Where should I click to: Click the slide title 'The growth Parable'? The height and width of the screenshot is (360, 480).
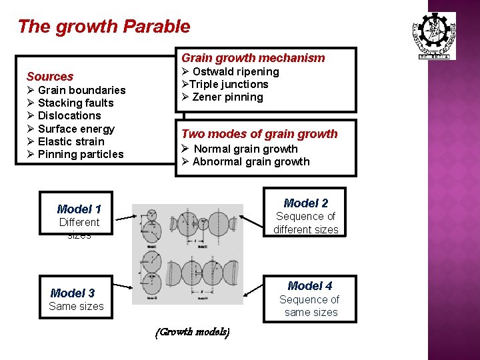[x=104, y=27]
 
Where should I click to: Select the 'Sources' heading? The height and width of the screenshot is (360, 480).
[x=50, y=77]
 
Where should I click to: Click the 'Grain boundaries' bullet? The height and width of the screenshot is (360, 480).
[x=81, y=90]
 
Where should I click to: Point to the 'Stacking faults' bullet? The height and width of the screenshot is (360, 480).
[x=75, y=103]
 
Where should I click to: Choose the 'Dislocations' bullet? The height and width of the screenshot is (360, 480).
[x=69, y=115]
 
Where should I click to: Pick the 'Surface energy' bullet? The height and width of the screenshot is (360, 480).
[x=76, y=129]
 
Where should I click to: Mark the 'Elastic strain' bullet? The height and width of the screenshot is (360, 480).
[x=71, y=141]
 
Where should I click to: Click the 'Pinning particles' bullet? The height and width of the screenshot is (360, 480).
[x=81, y=154]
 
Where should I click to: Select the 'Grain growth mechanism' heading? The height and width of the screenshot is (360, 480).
[x=253, y=58]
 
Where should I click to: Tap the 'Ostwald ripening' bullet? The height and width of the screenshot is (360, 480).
[x=235, y=71]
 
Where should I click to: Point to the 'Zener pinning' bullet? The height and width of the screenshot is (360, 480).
[x=227, y=97]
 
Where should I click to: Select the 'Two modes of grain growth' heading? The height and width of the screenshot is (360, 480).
[x=259, y=134]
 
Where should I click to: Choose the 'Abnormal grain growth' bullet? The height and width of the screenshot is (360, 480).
[x=251, y=161]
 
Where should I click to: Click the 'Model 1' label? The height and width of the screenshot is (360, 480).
[x=79, y=209]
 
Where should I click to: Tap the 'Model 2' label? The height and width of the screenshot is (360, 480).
[x=306, y=203]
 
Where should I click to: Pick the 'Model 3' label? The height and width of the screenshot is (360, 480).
[x=73, y=293]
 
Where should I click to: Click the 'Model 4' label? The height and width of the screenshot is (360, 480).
[x=310, y=286]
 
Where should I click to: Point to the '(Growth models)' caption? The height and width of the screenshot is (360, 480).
[x=193, y=332]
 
